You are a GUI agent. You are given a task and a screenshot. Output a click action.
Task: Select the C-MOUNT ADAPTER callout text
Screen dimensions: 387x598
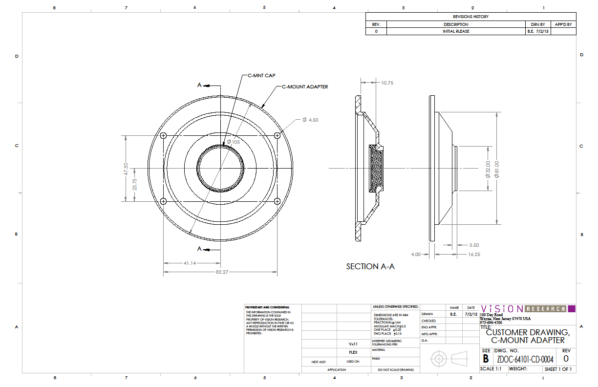[305, 87]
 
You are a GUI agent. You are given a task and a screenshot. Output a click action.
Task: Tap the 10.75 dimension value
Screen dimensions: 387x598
[387, 83]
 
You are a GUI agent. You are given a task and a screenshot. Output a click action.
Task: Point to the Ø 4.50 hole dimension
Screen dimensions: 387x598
[310, 120]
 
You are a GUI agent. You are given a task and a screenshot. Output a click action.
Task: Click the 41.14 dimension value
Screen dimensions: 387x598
[190, 263]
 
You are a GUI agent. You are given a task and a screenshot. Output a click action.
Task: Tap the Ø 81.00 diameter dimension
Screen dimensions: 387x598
[497, 169]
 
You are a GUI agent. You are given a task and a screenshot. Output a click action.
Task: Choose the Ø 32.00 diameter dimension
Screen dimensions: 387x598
[488, 169]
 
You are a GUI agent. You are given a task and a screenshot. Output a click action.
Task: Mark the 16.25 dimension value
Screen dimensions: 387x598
[474, 255]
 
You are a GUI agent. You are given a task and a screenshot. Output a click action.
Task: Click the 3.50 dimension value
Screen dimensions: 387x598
[474, 245]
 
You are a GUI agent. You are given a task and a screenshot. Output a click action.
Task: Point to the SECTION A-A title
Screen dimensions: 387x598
[370, 266]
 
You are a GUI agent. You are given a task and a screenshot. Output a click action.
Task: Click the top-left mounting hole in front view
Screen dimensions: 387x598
[164, 136]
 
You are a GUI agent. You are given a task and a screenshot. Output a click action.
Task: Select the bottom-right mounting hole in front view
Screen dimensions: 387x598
[278, 201]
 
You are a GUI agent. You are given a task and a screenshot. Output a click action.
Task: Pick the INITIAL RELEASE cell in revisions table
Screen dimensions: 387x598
[456, 31]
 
